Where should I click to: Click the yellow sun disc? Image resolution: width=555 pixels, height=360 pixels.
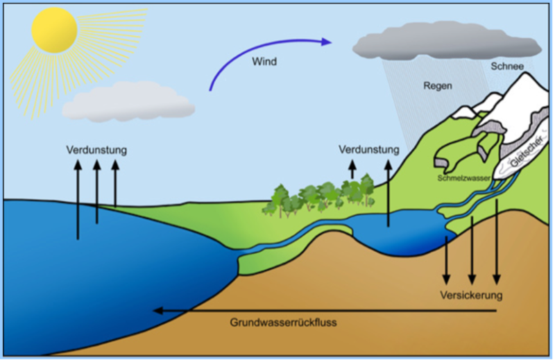[53, 30]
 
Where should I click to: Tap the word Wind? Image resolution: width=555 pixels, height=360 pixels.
[264, 61]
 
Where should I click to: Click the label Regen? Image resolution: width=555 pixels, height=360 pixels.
[438, 86]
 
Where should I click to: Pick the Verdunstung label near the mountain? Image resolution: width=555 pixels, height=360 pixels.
[369, 150]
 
